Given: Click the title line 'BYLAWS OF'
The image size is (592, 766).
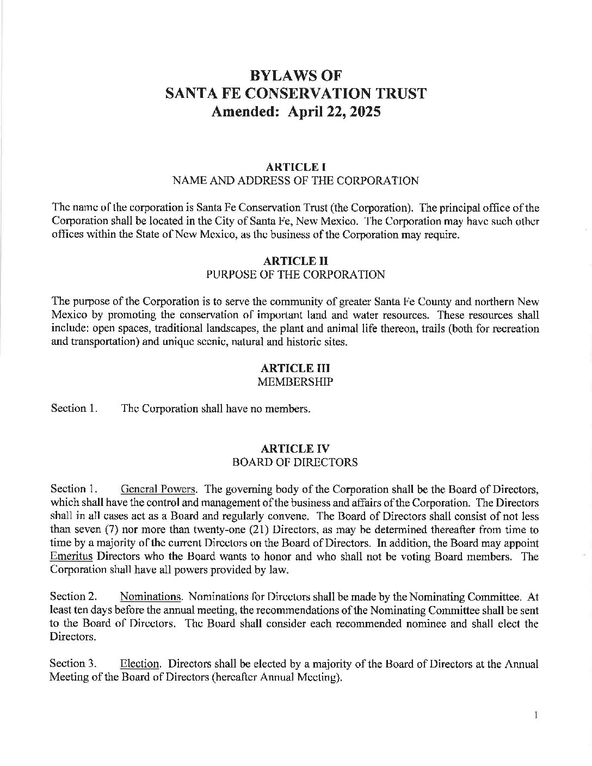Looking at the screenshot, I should (x=295, y=75).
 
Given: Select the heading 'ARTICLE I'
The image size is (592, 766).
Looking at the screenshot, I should (x=295, y=167).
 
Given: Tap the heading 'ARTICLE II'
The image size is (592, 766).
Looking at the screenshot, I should (x=295, y=262).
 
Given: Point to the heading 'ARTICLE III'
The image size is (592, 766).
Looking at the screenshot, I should (x=295, y=368).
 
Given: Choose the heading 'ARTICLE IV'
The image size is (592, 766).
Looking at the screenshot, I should (x=295, y=449).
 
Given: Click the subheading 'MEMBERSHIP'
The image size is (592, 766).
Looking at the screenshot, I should (x=295, y=382).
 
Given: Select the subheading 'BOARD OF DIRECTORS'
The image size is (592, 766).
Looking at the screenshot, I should (x=295, y=462).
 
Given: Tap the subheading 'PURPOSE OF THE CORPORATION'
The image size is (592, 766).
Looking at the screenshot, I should (x=295, y=275).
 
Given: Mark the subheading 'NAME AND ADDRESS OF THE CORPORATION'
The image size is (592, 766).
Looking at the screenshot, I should (x=295, y=181).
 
